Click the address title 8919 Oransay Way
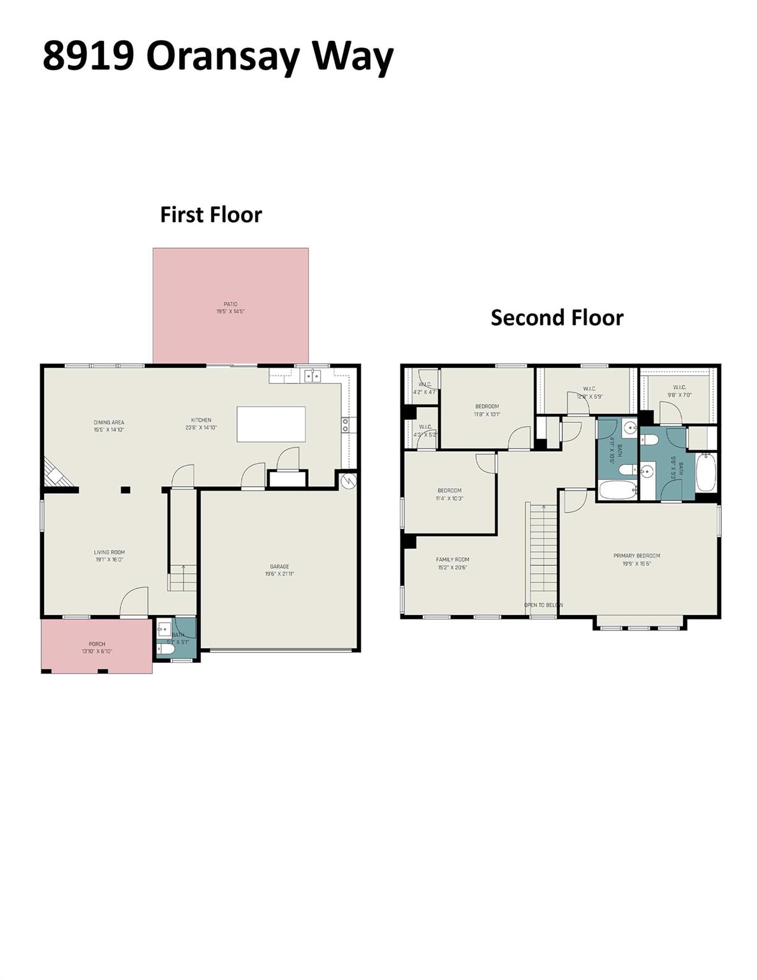point(217,56)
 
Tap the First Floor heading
point(210,214)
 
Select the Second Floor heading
point(556,317)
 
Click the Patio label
point(230,304)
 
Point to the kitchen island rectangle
point(271,424)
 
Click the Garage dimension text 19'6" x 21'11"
point(279,574)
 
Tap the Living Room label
point(109,553)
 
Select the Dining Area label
point(108,422)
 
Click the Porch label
point(97,644)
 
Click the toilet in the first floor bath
point(166,650)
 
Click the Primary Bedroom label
point(636,556)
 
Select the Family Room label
point(452,560)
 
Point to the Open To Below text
point(543,605)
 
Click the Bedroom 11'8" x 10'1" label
point(487,406)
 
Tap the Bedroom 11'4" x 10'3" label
point(449,491)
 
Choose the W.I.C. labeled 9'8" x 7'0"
point(679,388)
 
